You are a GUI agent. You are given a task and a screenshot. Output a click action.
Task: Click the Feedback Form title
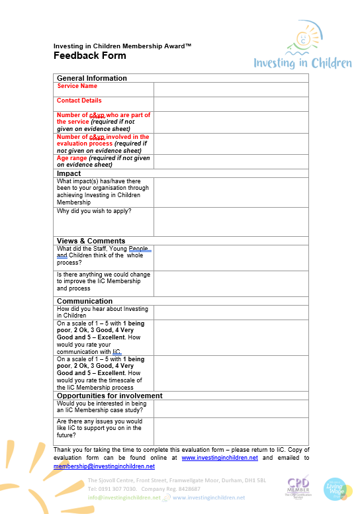point(90,56)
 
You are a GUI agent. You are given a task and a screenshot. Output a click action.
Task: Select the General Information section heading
point(92,78)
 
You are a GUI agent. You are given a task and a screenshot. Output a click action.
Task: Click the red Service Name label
point(77,86)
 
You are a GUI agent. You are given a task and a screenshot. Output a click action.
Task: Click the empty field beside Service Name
point(231,89)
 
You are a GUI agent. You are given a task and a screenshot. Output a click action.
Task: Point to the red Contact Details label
point(79,101)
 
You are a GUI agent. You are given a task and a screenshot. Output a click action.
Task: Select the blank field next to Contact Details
point(231,104)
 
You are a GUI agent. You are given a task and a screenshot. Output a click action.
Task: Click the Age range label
point(103,161)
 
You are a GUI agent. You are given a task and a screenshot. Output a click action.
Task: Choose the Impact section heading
point(69,173)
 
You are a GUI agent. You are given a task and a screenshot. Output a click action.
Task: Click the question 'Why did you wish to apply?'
point(94,211)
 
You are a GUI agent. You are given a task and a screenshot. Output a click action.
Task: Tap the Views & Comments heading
point(91,241)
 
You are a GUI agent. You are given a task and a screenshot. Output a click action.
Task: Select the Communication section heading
point(85,301)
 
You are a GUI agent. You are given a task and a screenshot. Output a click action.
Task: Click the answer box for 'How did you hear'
point(231,312)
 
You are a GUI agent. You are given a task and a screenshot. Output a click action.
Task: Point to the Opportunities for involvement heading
point(110,396)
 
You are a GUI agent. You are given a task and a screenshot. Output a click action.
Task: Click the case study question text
point(102,407)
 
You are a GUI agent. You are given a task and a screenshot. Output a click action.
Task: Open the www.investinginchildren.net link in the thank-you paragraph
point(220,458)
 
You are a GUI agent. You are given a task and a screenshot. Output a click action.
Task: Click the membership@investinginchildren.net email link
point(104,466)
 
